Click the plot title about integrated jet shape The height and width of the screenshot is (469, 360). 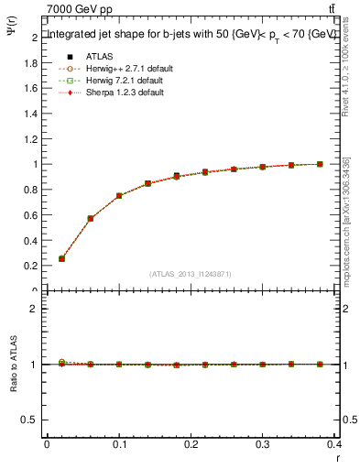[x=191, y=34]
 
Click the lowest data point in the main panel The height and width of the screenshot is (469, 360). [x=61, y=258]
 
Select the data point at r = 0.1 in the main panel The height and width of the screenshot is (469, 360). [x=119, y=196]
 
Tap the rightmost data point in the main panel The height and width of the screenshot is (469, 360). [x=320, y=164]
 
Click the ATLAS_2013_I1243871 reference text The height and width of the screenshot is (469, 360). [x=191, y=274]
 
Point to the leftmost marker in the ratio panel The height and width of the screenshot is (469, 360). [x=61, y=363]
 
